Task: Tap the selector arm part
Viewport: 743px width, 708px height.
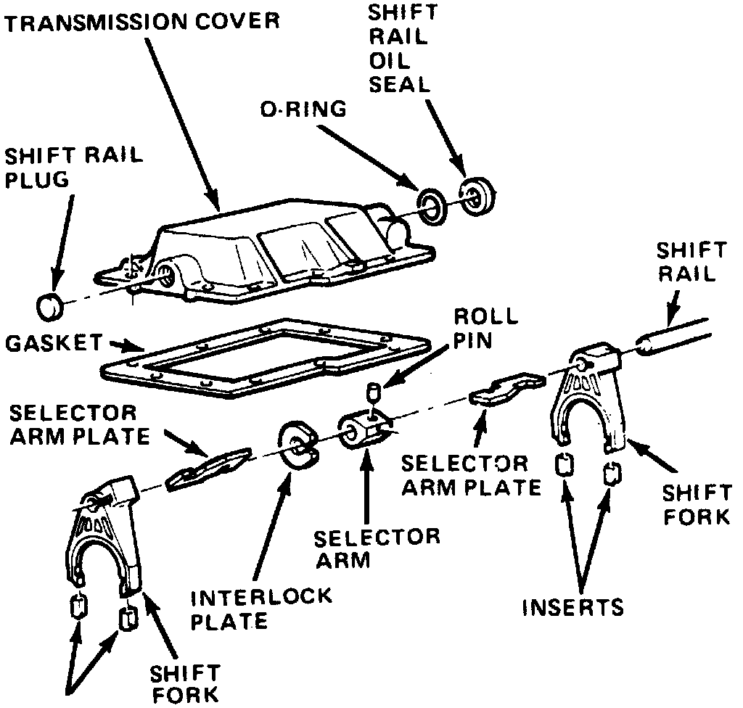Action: pos(365,432)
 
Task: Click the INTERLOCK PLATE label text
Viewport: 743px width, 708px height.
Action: pos(261,609)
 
